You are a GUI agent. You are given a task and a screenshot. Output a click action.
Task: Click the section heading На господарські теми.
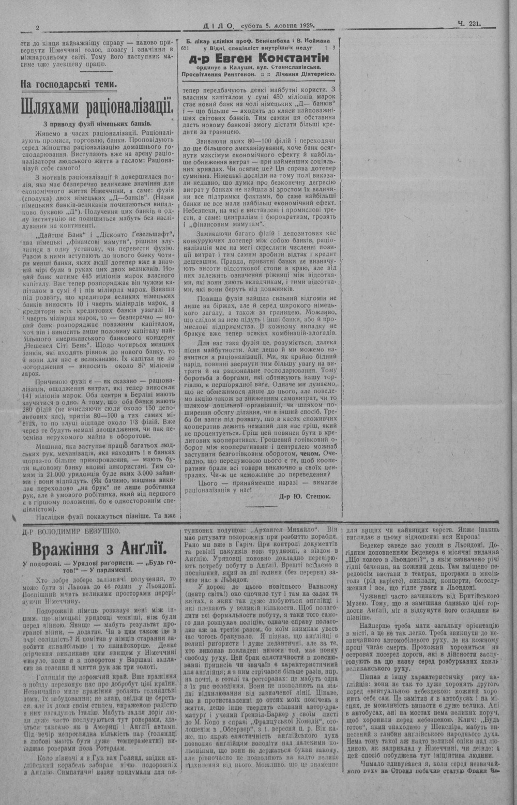[x=69, y=84]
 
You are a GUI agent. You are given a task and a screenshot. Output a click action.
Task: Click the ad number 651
[x=187, y=48]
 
